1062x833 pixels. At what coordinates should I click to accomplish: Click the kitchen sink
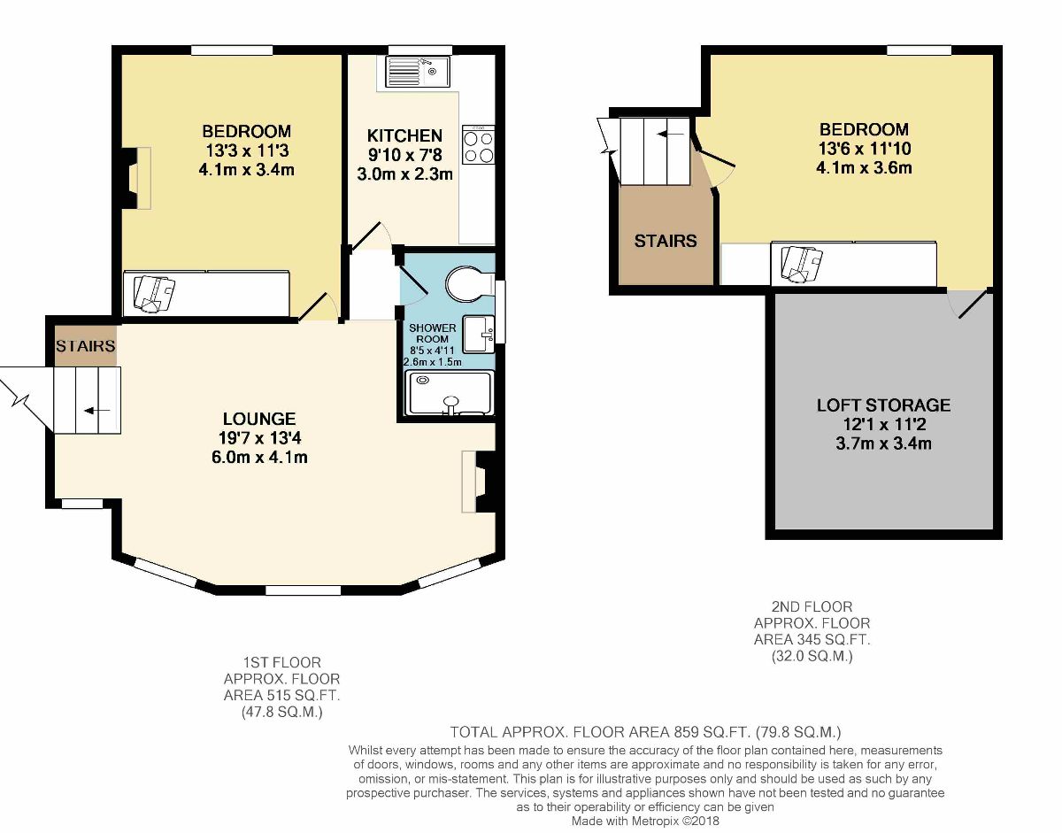pos(418,72)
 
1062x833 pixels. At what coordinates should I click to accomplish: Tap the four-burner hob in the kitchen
pos(479,144)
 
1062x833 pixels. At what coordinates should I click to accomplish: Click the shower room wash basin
pos(479,334)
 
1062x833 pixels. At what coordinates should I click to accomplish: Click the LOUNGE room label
pos(259,419)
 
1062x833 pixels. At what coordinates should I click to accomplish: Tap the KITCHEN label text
pos(404,135)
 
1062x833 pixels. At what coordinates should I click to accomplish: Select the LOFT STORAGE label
pos(883,405)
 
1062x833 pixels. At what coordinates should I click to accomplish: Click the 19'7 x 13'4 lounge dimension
pos(259,438)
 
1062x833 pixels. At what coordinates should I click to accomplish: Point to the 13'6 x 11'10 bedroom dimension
pos(864,149)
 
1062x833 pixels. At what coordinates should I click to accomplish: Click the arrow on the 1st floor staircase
pos(97,411)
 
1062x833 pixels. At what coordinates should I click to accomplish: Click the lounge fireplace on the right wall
pos(479,482)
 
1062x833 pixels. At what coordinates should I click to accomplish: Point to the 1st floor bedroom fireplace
pos(136,179)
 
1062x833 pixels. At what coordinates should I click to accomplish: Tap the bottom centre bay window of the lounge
pos(303,590)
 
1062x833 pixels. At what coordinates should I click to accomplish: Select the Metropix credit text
pos(645,821)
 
